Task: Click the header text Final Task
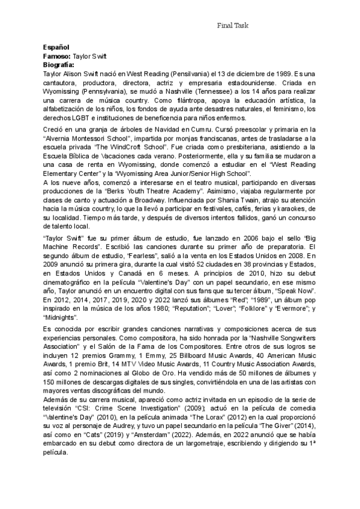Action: (x=232, y=25)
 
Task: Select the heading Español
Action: (x=56, y=47)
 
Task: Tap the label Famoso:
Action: (x=57, y=55)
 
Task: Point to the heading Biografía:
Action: (x=59, y=64)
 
